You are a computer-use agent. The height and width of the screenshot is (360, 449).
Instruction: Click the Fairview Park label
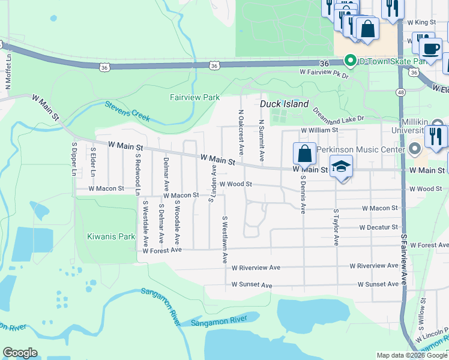click(194, 97)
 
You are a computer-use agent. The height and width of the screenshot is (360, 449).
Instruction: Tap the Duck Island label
click(284, 104)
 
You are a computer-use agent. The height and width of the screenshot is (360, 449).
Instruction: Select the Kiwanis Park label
click(110, 236)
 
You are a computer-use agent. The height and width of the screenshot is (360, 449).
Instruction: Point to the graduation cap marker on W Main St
click(340, 167)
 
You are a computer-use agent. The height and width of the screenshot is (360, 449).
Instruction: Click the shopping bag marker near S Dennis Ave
click(305, 154)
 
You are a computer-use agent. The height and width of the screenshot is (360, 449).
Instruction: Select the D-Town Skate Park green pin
click(348, 61)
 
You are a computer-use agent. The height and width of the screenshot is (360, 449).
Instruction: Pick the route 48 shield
click(400, 92)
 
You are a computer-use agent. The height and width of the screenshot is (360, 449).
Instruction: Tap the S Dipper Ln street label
click(75, 158)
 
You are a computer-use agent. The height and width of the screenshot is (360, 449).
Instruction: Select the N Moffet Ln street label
click(8, 71)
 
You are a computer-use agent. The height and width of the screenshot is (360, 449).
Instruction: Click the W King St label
click(421, 22)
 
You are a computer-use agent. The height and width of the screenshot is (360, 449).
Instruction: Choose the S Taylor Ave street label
click(336, 227)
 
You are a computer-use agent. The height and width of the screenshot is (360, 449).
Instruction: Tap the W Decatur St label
click(378, 227)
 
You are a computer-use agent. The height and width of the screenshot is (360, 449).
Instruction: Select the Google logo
click(20, 353)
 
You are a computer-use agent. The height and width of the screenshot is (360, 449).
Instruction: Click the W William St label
click(320, 130)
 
